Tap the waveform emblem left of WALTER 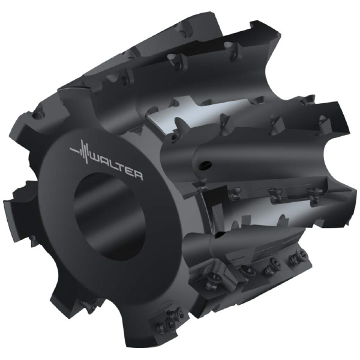click(79, 151)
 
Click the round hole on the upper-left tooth click(40, 114)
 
